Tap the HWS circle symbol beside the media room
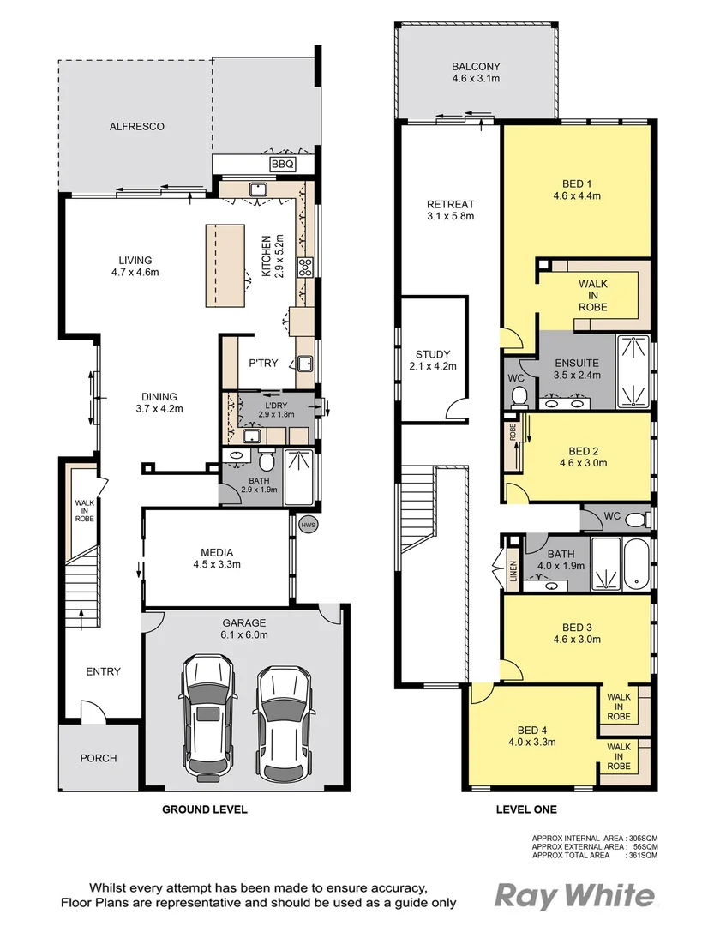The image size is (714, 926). [307, 524]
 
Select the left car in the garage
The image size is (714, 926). [208, 717]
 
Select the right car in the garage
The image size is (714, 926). [280, 717]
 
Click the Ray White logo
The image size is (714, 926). [574, 897]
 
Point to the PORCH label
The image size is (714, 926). [99, 758]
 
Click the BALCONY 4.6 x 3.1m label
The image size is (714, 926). [476, 73]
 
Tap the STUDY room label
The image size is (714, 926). [433, 360]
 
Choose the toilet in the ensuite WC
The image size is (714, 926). [519, 395]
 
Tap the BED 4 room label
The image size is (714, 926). [532, 736]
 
